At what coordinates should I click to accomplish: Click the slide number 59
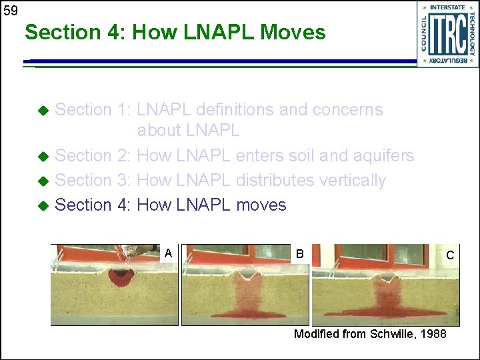9,9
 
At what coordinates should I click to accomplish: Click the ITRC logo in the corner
448,33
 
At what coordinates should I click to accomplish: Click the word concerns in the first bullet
349,109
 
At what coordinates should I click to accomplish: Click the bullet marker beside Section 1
43,110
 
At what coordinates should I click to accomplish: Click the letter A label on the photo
169,253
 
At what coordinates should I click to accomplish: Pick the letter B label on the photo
299,253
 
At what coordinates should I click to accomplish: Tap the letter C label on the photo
450,255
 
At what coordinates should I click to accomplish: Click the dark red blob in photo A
121,277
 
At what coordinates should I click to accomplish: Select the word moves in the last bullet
261,205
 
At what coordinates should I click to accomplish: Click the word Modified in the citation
317,333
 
